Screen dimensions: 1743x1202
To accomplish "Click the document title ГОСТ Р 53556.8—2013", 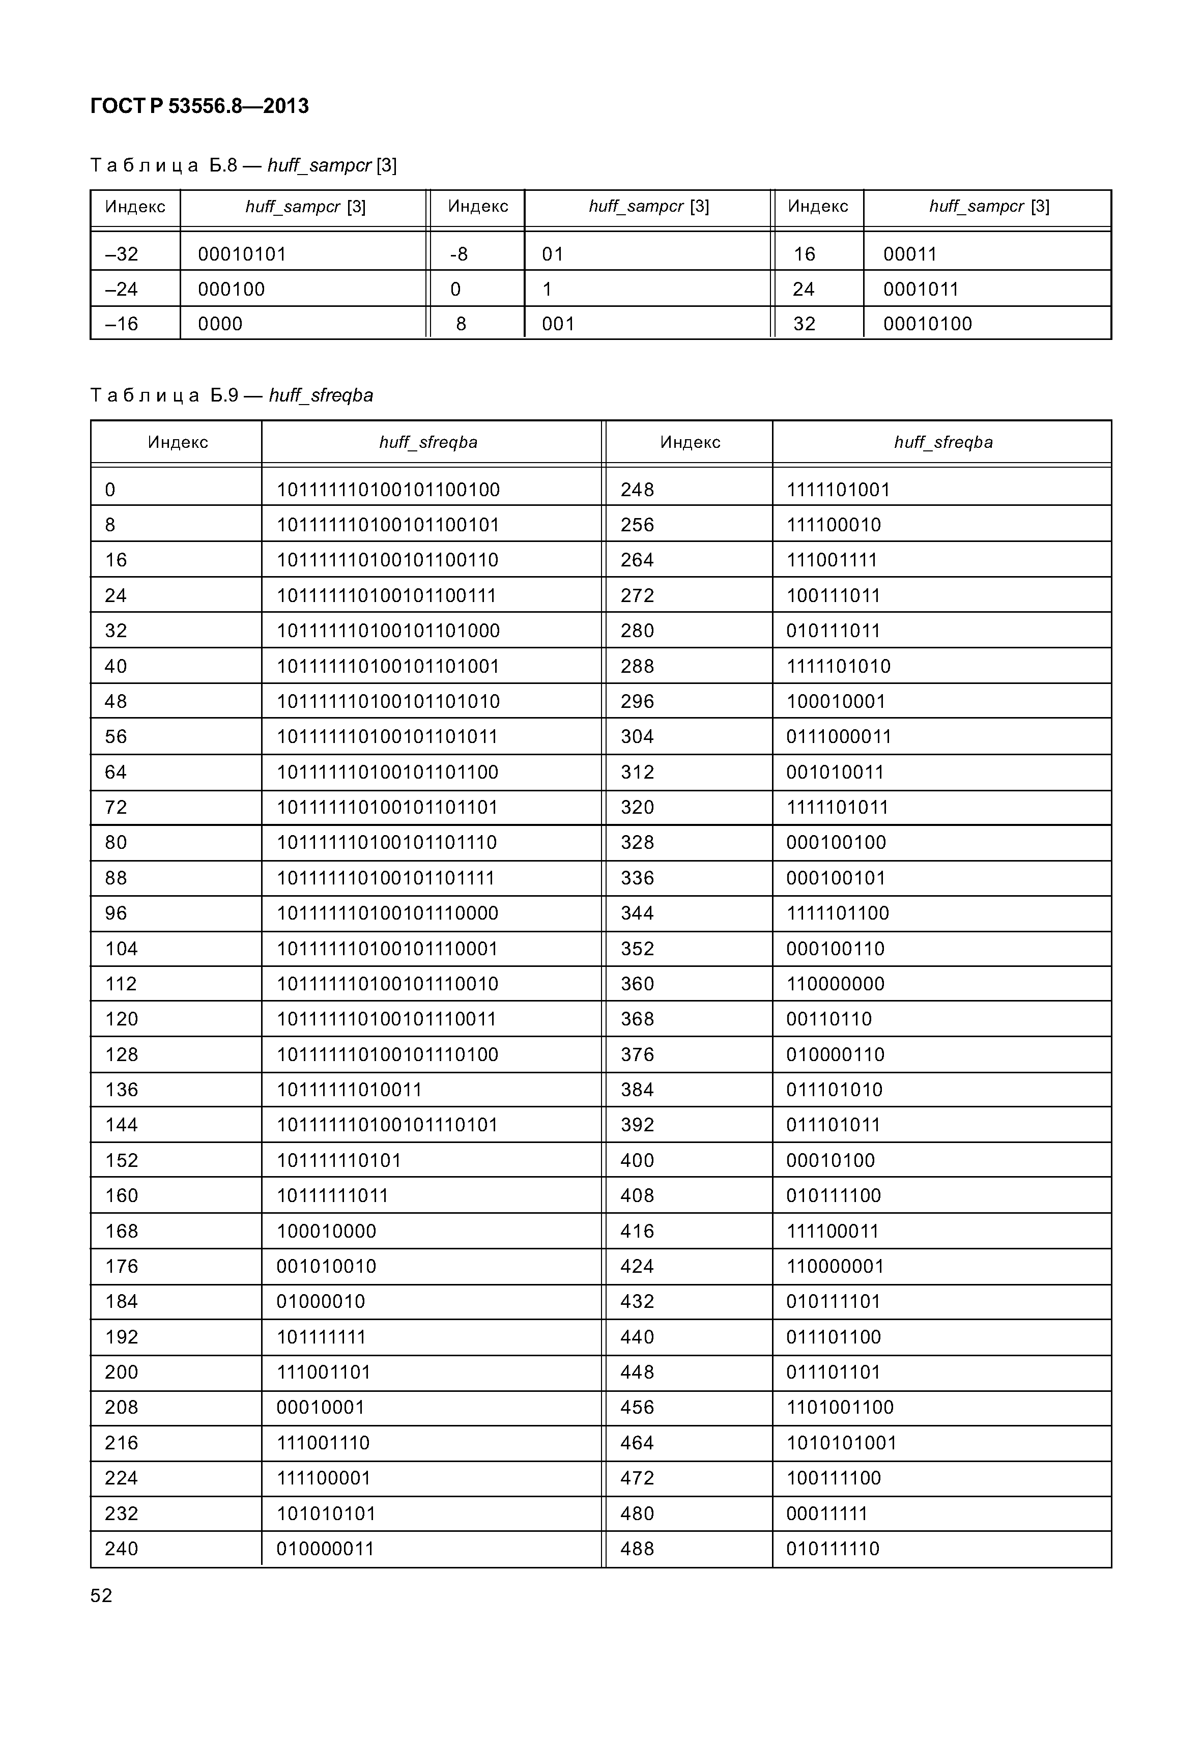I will (199, 106).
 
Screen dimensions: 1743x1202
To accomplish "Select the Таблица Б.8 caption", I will (243, 165).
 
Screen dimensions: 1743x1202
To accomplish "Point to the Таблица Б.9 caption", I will (231, 395).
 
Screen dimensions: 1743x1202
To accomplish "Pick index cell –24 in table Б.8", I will (122, 289).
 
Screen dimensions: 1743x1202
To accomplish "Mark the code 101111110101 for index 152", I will (339, 1160).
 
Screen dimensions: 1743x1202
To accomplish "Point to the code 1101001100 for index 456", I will (840, 1407).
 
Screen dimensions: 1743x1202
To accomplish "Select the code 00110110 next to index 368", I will (828, 1019).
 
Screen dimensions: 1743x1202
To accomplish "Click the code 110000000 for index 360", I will (835, 984).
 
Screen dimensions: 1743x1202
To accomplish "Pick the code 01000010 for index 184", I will (320, 1302).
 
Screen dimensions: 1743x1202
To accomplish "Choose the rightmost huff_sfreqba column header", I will (943, 442).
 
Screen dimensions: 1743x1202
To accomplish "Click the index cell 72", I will (116, 808).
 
